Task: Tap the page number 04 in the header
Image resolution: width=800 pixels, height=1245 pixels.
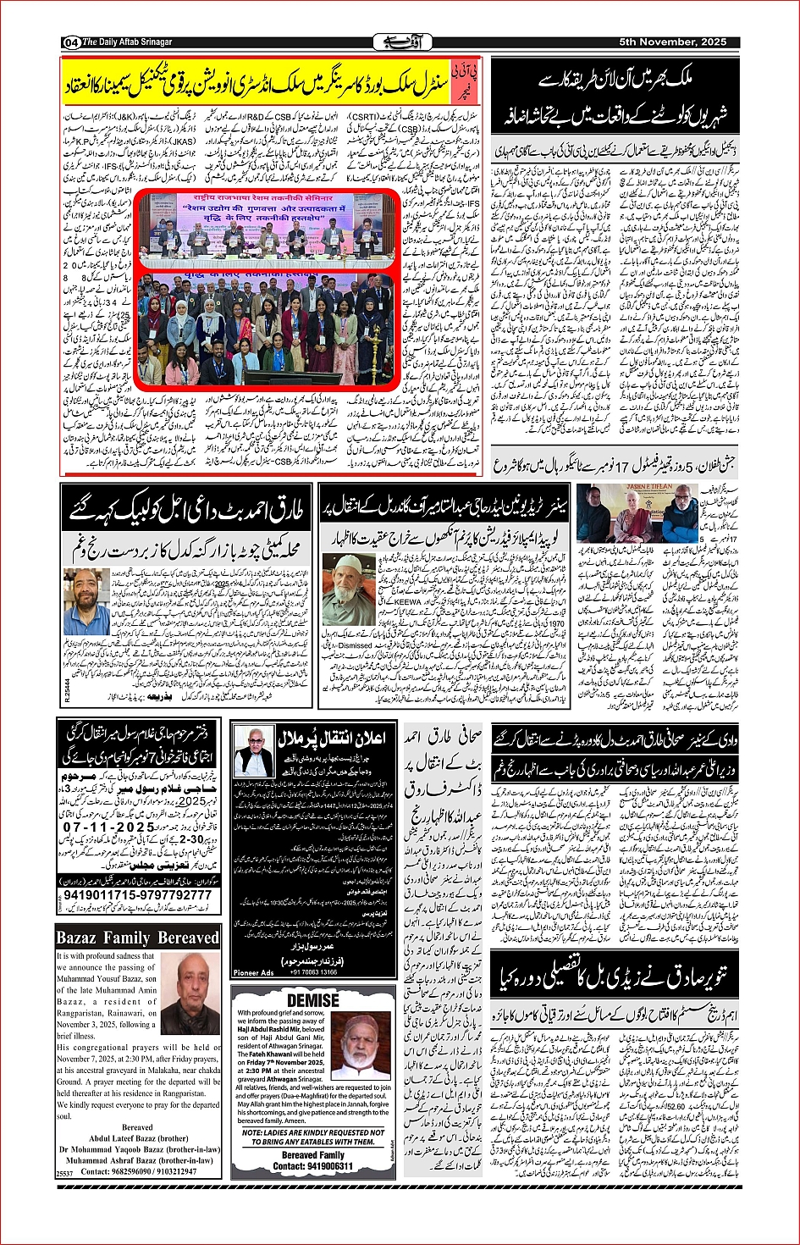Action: (x=70, y=42)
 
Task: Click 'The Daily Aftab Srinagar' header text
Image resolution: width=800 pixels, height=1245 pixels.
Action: (x=128, y=42)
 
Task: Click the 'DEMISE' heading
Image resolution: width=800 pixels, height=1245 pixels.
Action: (x=312, y=1000)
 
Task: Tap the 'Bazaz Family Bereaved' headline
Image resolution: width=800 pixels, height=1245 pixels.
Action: (x=137, y=938)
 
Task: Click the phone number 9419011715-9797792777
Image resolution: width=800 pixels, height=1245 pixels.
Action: (x=137, y=895)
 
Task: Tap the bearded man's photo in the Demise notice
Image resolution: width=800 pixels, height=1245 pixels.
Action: (x=361, y=1046)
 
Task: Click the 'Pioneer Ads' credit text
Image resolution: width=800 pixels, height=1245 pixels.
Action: (x=253, y=972)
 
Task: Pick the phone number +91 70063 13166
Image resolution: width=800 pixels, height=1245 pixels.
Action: (x=312, y=972)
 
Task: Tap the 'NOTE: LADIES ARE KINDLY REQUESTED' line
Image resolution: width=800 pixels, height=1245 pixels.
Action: (x=312, y=1132)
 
